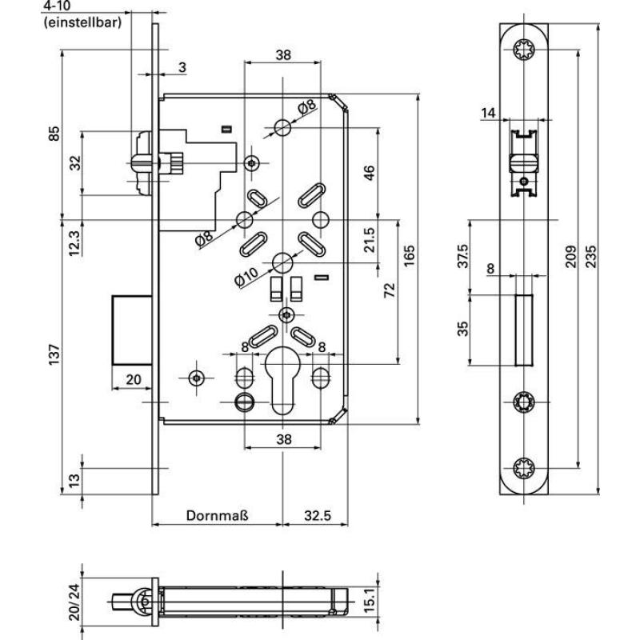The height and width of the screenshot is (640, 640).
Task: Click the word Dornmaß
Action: (x=217, y=516)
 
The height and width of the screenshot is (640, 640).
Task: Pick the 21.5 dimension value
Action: (x=370, y=239)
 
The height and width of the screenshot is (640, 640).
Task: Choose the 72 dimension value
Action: (x=390, y=290)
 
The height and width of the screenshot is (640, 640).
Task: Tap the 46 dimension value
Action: (x=370, y=174)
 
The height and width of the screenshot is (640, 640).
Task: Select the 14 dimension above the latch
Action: (x=489, y=113)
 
